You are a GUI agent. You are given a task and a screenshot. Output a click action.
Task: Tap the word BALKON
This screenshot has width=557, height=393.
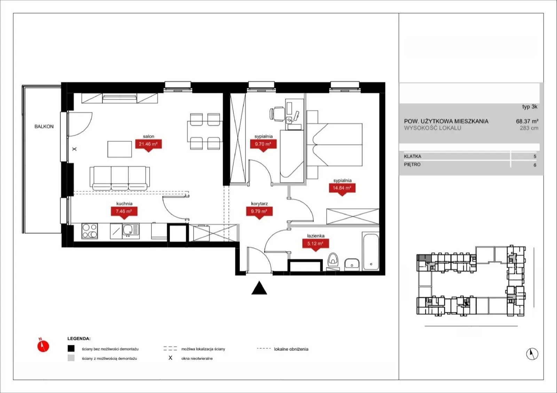pos(44,126)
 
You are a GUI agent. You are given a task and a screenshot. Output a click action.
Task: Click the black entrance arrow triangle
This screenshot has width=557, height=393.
pos(259,288)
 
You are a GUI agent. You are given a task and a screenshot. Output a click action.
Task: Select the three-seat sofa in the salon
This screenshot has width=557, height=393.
pos(120,178)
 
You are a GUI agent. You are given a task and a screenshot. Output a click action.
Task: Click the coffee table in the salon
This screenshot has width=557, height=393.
pos(120,149)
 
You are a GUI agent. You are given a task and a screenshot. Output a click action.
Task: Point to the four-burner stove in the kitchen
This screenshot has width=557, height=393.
pos(90,231)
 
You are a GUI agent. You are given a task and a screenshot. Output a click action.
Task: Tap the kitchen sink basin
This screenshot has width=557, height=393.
pos(128,230)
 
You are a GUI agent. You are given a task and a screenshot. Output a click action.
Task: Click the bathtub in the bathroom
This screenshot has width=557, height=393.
pos(371,251)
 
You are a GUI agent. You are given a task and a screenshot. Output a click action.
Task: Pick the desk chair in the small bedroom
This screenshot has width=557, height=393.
pos(277,114)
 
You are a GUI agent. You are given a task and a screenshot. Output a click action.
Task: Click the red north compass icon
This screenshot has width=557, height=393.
pos(43,345)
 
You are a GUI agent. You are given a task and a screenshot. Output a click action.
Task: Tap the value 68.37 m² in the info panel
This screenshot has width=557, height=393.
pos(527,121)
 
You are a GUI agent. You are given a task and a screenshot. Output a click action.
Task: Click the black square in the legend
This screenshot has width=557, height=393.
pos(71,348)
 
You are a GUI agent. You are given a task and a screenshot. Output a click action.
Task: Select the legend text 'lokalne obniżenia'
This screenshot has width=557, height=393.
pos(291,349)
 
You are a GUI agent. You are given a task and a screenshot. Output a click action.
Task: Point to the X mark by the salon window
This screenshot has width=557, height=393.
pos(74,149)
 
